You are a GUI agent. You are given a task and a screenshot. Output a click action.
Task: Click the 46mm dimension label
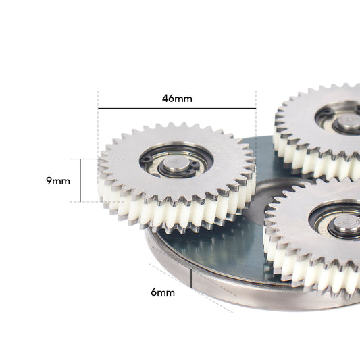177,99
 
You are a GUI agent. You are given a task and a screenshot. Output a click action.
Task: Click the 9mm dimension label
58,181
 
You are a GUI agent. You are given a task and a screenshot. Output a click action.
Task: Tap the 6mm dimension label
163,292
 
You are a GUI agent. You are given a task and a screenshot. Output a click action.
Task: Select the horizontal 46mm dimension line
177,108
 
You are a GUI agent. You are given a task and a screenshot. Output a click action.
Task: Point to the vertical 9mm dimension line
80,180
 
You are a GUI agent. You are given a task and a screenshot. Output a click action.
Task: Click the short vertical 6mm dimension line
191,278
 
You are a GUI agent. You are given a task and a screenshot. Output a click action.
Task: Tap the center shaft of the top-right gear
348,121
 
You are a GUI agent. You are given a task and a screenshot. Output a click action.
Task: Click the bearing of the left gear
176,161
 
